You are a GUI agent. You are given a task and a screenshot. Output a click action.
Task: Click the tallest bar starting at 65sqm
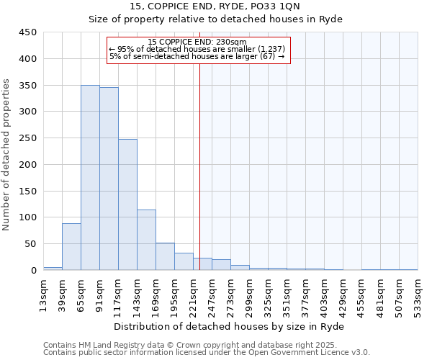90,178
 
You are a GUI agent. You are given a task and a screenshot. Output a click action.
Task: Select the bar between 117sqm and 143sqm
127,204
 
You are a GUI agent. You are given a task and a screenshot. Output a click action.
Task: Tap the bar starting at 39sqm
71,246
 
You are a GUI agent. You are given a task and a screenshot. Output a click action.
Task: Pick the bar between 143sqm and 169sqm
146,240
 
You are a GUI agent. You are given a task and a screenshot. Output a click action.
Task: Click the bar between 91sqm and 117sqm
109,179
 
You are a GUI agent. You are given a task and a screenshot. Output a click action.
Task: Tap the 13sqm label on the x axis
43,294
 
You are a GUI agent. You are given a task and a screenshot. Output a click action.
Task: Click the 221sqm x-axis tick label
193,294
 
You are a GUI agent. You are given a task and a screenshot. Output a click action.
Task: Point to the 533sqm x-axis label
418,294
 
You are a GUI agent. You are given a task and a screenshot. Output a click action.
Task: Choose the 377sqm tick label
305,294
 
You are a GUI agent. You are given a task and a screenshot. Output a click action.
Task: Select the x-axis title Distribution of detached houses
230,326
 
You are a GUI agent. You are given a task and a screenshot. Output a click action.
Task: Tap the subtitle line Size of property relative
215,19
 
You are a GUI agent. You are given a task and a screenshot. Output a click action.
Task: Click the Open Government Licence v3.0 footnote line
207,353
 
